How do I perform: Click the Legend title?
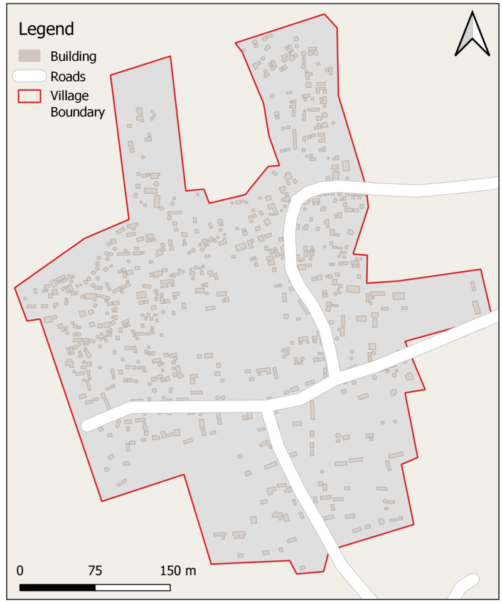[46, 29]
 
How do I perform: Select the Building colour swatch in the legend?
[28, 56]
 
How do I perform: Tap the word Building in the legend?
[73, 56]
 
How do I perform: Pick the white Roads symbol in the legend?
[29, 76]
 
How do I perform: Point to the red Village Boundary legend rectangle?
[28, 96]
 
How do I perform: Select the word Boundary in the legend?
[78, 112]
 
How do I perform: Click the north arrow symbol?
[472, 34]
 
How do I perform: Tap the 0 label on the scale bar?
[20, 571]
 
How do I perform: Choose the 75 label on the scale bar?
[95, 571]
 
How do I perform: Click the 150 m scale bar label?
[178, 571]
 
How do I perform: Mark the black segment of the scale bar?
[58, 587]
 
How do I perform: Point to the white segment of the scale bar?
[133, 587]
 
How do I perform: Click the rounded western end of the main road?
[88, 425]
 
